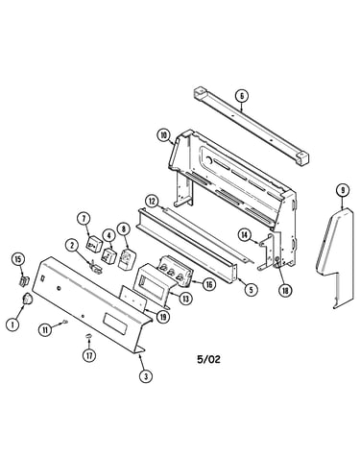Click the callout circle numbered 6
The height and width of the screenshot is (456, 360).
pyautogui.click(x=242, y=96)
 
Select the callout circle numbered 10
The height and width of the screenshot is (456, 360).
pyautogui.click(x=163, y=135)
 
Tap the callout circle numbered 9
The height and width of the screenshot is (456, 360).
pyautogui.click(x=343, y=191)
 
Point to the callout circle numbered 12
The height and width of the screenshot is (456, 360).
pyautogui.click(x=152, y=202)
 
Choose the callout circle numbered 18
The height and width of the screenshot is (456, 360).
pyautogui.click(x=285, y=290)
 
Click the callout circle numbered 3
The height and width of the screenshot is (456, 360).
pyautogui.click(x=146, y=376)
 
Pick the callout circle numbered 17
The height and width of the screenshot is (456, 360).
pyautogui.click(x=89, y=355)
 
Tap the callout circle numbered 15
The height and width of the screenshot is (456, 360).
pyautogui.click(x=18, y=259)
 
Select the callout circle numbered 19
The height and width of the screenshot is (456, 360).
pyautogui.click(x=163, y=317)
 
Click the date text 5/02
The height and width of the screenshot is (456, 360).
pyautogui.click(x=208, y=359)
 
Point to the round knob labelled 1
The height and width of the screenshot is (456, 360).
pyautogui.click(x=27, y=299)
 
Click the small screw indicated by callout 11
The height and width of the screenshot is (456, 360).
pyautogui.click(x=66, y=322)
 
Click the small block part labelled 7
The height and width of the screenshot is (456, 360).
pyautogui.click(x=94, y=245)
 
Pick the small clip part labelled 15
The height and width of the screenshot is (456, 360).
pyautogui.click(x=24, y=280)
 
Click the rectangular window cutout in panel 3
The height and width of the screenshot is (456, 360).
pyautogui.click(x=115, y=324)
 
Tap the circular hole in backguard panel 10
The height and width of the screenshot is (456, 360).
pyautogui.click(x=208, y=159)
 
